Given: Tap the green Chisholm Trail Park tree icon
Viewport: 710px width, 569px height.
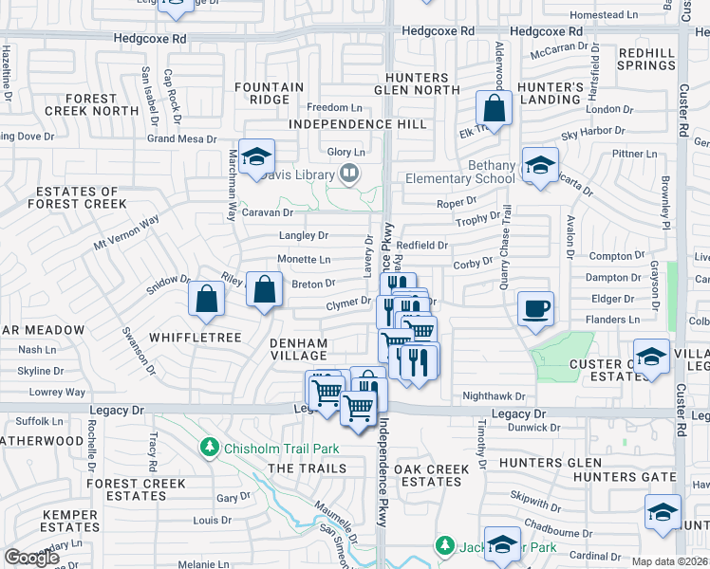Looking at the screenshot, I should [208, 447].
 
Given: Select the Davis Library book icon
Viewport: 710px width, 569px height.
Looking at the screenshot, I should [350, 174].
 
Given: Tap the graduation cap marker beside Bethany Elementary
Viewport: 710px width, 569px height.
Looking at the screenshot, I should [539, 166].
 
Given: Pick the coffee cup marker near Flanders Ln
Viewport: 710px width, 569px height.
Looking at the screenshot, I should [535, 307].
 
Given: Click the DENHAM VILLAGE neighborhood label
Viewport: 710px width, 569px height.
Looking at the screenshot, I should [298, 349].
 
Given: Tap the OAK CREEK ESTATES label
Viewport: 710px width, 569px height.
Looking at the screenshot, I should [432, 476].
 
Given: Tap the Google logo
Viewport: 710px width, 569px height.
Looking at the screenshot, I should [31, 558].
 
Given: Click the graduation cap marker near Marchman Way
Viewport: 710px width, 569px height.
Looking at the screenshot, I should [256, 156].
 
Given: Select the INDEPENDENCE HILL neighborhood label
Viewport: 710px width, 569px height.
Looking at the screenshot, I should [358, 124].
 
